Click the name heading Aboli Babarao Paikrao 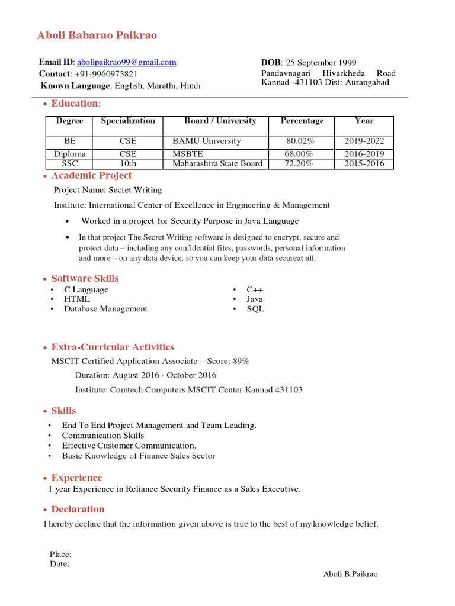click(97, 36)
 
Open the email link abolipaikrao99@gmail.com click(127, 62)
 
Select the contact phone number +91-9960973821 click(105, 74)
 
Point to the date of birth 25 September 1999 click(321, 63)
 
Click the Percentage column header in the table click(302, 121)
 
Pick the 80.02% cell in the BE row click(300, 141)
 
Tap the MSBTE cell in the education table click(188, 154)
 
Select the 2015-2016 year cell click(364, 163)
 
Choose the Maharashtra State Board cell click(217, 163)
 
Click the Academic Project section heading click(91, 176)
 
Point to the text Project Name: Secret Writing click(108, 190)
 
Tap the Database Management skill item click(106, 309)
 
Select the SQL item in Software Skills click(255, 309)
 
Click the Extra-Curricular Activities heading click(113, 347)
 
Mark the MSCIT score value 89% click(241, 361)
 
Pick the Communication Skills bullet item click(103, 436)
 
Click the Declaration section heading click(78, 510)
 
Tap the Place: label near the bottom click(61, 555)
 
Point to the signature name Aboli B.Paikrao click(350, 574)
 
